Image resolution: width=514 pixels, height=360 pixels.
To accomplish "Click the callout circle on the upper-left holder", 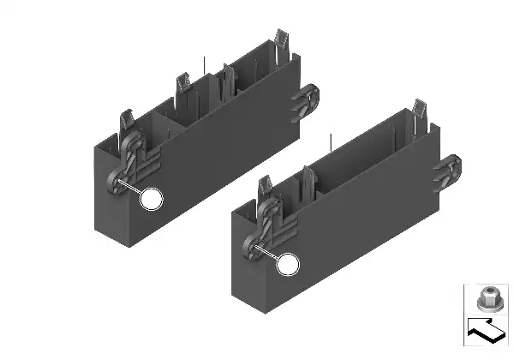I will point(152,200).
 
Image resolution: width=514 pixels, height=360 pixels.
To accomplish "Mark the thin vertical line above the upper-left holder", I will point(205,65).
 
